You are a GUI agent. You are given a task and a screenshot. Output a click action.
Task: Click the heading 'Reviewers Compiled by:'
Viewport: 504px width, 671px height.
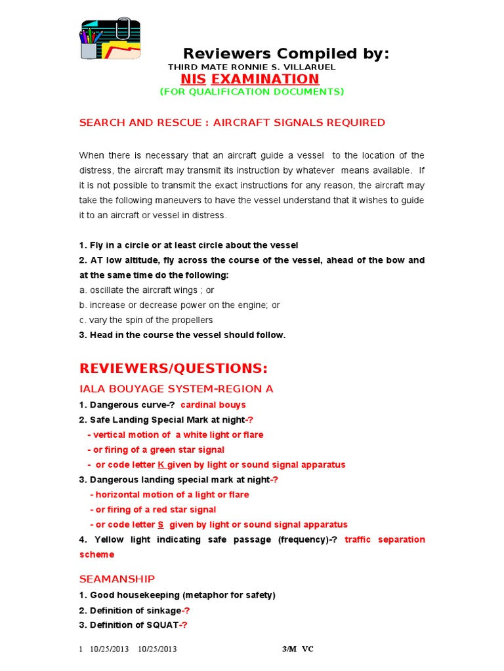(x=285, y=54)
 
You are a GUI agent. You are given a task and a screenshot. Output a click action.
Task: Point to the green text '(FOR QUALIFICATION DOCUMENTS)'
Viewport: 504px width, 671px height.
(x=252, y=92)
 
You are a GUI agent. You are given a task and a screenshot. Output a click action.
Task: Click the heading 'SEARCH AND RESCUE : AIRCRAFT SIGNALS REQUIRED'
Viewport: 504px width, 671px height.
(x=232, y=123)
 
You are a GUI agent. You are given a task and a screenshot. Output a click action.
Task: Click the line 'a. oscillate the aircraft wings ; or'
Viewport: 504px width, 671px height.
(x=146, y=290)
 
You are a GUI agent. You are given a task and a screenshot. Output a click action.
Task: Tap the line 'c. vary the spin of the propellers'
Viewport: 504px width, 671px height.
(x=146, y=320)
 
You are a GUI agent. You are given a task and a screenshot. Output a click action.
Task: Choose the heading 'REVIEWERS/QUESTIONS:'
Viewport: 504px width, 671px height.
(x=173, y=367)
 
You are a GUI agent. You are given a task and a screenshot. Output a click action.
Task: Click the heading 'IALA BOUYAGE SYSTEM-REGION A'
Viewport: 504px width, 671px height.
(x=176, y=389)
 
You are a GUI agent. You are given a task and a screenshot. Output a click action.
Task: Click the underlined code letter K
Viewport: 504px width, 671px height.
(x=160, y=465)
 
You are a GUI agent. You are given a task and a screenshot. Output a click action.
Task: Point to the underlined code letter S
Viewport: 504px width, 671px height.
(x=160, y=525)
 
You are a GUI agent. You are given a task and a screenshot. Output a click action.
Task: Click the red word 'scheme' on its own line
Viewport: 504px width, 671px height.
(x=96, y=554)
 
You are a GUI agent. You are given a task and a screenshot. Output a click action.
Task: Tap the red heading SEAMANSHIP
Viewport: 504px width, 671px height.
(x=117, y=579)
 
